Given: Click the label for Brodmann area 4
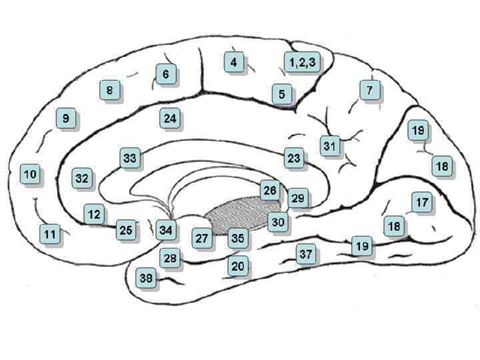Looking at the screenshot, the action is (x=233, y=62).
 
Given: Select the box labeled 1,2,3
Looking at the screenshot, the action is (x=302, y=62).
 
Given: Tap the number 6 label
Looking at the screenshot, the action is (x=165, y=74).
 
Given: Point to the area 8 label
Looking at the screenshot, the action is (x=109, y=89).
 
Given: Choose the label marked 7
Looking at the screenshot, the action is (x=369, y=89).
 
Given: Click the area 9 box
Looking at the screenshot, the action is (x=65, y=119).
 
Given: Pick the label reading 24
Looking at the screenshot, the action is (x=170, y=119).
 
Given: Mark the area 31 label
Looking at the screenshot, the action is (x=330, y=145).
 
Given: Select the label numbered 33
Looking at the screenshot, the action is (x=129, y=158).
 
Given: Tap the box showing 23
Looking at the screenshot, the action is (x=293, y=159).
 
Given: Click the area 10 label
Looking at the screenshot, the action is (x=30, y=174).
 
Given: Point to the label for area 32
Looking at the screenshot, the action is (x=81, y=179).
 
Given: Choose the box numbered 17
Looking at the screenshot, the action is (x=421, y=202).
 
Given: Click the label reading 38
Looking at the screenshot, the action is (x=146, y=278).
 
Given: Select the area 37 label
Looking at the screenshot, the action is (x=305, y=254).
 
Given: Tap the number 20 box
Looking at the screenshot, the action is (x=237, y=266).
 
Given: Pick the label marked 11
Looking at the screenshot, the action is (x=49, y=234).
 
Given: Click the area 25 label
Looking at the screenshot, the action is (x=125, y=230).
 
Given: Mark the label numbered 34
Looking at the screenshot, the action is (x=166, y=231).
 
